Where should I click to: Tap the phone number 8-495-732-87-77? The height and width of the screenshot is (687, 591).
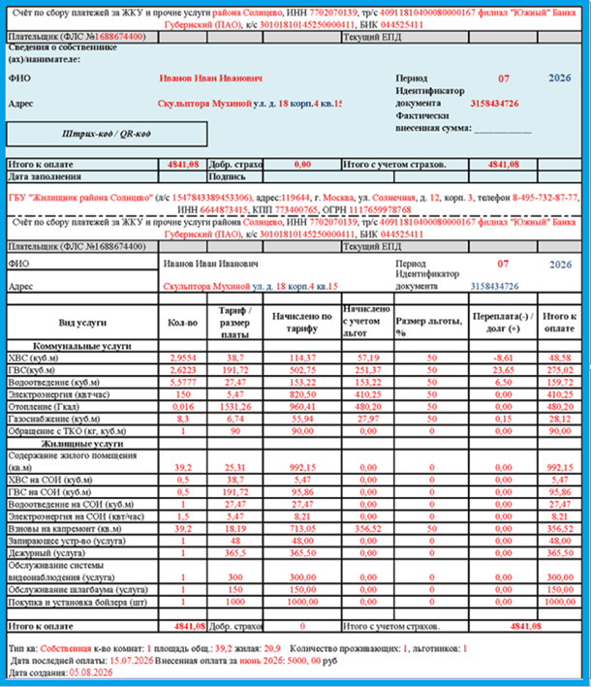(539, 198)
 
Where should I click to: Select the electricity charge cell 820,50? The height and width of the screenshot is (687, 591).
(302, 394)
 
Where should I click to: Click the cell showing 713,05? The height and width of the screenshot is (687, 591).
(302, 529)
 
